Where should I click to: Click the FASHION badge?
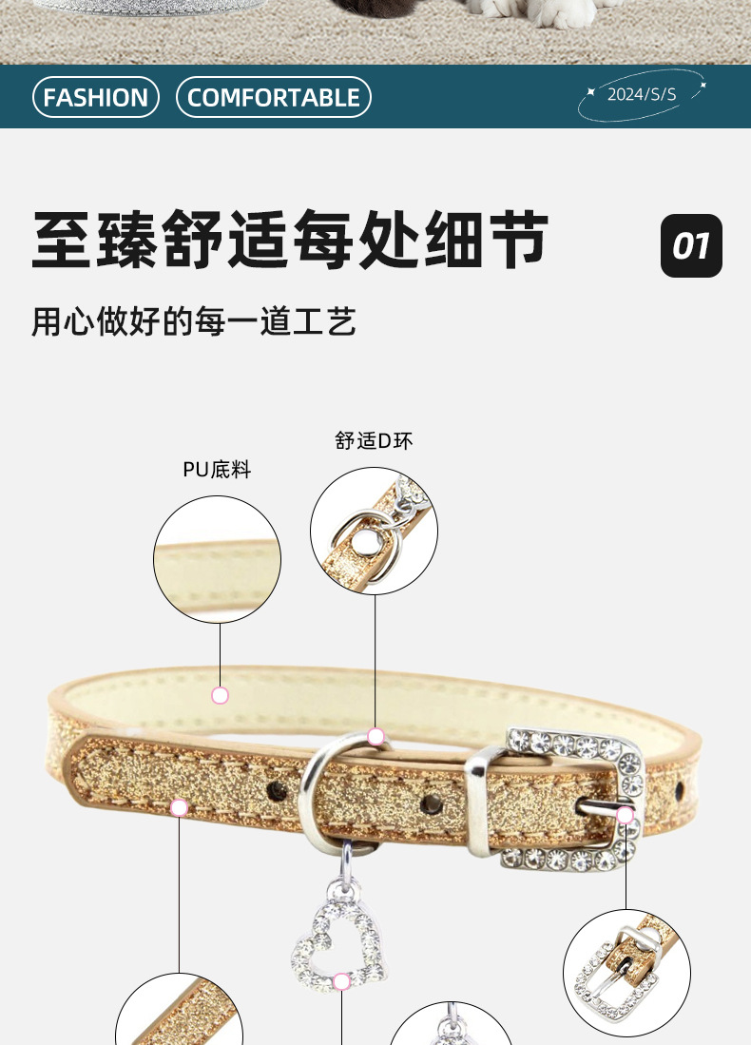pyautogui.click(x=96, y=97)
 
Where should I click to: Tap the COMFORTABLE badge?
pyautogui.click(x=274, y=97)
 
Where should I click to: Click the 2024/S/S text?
pyautogui.click(x=642, y=94)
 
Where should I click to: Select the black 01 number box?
pyautogui.click(x=691, y=246)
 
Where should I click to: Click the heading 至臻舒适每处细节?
pyautogui.click(x=291, y=240)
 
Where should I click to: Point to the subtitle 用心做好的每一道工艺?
pyautogui.click(x=194, y=321)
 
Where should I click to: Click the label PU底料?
pyautogui.click(x=217, y=470)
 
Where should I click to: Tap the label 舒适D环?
pyautogui.click(x=374, y=441)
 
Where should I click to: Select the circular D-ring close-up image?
pyautogui.click(x=374, y=531)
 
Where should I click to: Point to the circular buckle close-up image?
pyautogui.click(x=626, y=972)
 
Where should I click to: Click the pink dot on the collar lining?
pyautogui.click(x=221, y=695)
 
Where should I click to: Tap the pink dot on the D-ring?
pyautogui.click(x=375, y=736)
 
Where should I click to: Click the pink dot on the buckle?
pyautogui.click(x=625, y=815)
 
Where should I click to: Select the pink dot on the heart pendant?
pyautogui.click(x=341, y=981)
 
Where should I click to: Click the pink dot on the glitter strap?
pyautogui.click(x=179, y=808)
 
